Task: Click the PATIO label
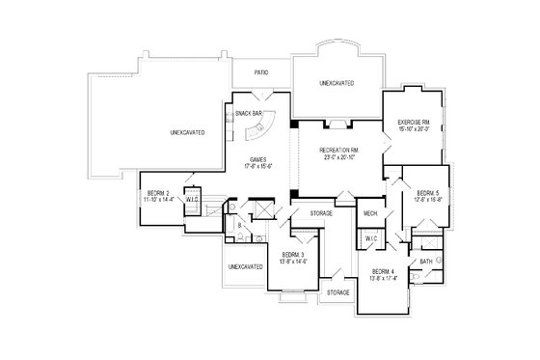[x=260, y=72]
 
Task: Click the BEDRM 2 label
[x=159, y=193]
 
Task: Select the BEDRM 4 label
[x=384, y=272]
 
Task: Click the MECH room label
[x=369, y=212]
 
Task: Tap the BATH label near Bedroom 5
[x=425, y=262]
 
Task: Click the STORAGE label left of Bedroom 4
[x=337, y=291]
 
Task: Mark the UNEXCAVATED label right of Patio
[x=337, y=84]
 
